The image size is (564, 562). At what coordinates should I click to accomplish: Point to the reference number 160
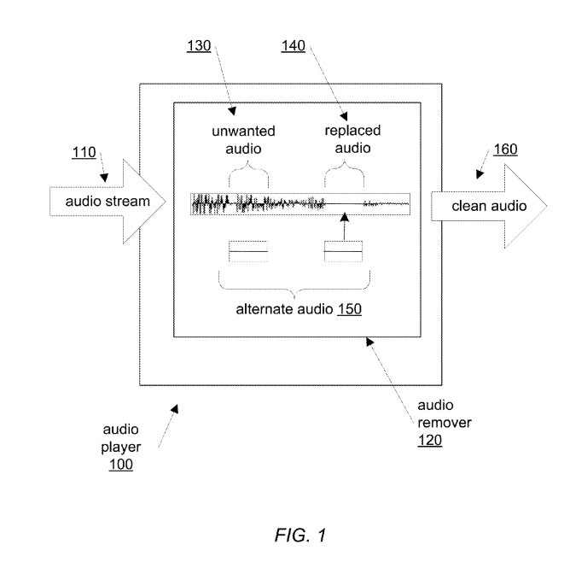pyautogui.click(x=505, y=149)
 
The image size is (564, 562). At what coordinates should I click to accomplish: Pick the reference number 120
pyautogui.click(x=430, y=442)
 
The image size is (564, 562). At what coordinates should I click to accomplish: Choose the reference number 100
pyautogui.click(x=120, y=465)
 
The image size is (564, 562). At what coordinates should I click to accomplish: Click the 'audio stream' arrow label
pyautogui.click(x=108, y=202)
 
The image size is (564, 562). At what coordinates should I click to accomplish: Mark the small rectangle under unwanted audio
pyautogui.click(x=248, y=249)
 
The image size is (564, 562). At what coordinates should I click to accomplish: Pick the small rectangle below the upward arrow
pyautogui.click(x=344, y=249)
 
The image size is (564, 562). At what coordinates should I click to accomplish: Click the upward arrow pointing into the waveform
pyautogui.click(x=343, y=226)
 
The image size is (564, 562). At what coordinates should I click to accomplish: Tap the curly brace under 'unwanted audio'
pyautogui.click(x=248, y=178)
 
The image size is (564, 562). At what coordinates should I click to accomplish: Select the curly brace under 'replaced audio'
pyautogui.click(x=344, y=178)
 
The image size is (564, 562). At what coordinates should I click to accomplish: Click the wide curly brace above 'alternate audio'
pyautogui.click(x=294, y=282)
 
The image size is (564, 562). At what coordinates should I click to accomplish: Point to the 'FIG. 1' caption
pyautogui.click(x=300, y=536)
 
